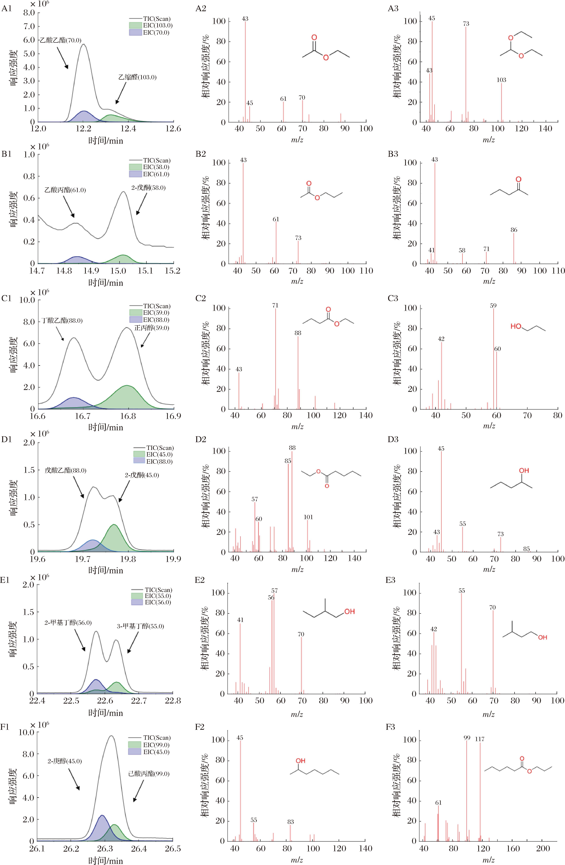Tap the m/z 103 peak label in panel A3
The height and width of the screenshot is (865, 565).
click(501, 80)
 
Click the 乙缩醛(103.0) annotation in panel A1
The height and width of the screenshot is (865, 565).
click(137, 77)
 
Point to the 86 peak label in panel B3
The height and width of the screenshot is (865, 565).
click(514, 230)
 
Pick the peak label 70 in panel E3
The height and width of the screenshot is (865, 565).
click(493, 607)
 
